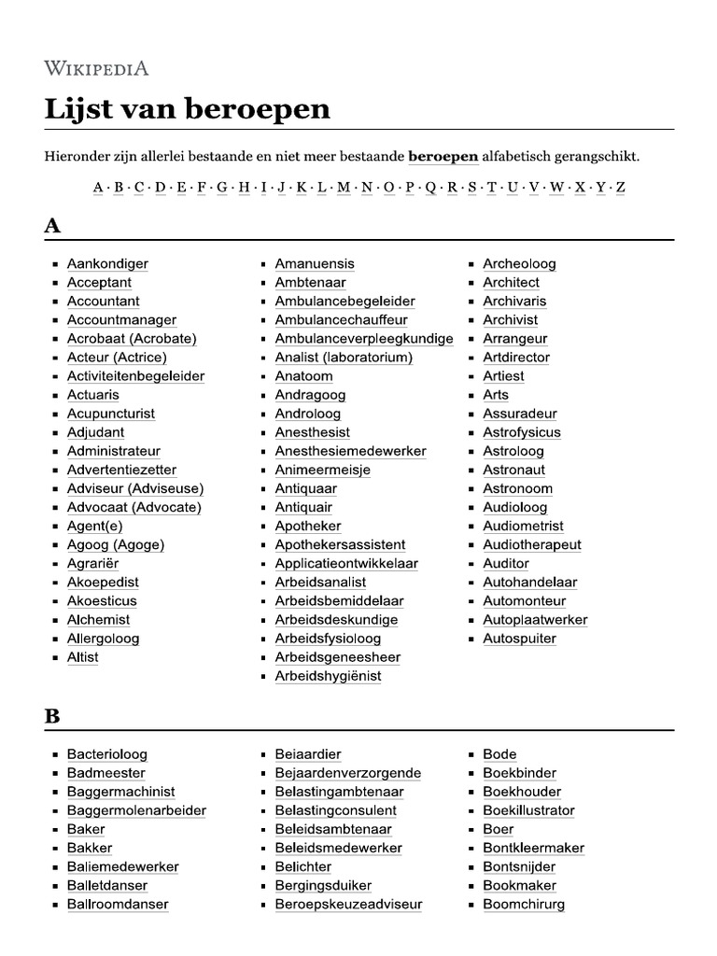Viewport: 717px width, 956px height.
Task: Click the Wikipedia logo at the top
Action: pos(96,68)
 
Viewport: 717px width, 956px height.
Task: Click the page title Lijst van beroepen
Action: pos(188,109)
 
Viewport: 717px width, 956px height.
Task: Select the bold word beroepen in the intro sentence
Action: pos(443,156)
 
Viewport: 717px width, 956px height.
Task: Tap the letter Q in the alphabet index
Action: pos(430,187)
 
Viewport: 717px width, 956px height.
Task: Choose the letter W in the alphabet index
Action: pos(556,187)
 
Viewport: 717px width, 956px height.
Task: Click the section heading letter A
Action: pos(53,225)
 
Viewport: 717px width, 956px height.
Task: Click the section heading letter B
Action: pos(53,716)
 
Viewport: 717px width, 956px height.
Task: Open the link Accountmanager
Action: pos(121,320)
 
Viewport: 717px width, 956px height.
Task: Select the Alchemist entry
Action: pos(98,620)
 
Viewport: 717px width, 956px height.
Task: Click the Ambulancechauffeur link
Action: pos(341,320)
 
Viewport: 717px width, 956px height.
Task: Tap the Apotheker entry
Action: pos(308,527)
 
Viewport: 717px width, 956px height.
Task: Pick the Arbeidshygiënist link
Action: pos(328,676)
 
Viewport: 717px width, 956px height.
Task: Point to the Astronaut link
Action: pos(513,470)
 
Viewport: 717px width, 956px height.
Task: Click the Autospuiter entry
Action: pos(519,639)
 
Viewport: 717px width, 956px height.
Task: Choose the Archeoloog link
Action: pos(519,264)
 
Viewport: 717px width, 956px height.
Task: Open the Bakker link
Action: pos(90,848)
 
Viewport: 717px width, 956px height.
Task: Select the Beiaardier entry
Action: pos(308,754)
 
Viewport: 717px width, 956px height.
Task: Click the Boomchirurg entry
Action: pos(523,904)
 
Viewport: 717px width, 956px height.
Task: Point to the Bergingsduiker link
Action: pos(323,885)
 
